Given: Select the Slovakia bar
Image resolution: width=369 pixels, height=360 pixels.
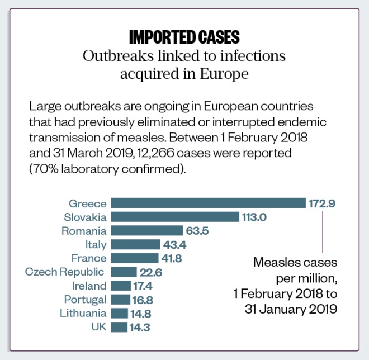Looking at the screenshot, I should tap(174, 217).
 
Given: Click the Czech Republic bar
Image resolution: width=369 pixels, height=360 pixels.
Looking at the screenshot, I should tap(124, 272).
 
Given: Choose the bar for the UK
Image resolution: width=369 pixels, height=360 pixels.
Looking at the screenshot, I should tap(119, 327).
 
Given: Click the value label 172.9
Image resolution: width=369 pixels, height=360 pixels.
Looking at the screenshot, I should tap(322, 203).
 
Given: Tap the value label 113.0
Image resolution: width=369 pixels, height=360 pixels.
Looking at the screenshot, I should tap(255, 217).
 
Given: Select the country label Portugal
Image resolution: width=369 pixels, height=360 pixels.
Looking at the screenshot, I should tap(85, 300).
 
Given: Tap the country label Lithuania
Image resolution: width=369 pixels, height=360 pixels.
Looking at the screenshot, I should tap(83, 313).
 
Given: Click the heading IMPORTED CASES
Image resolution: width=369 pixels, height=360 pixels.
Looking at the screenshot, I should tap(184, 37).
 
